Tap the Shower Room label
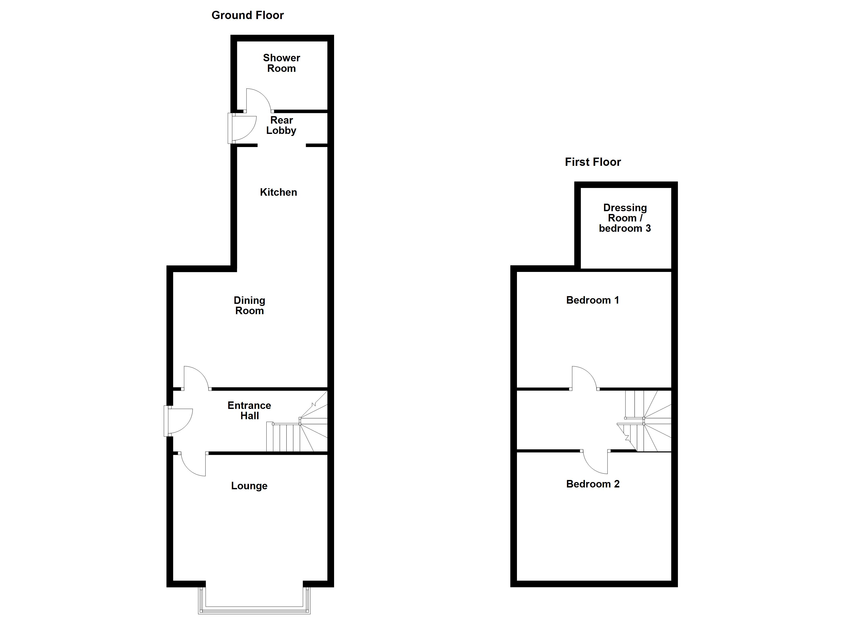[x=282, y=63]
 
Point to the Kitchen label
[x=278, y=192]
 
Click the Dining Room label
[x=250, y=305]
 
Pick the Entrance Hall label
[x=250, y=410]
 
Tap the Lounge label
[x=249, y=486]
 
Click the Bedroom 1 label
[x=592, y=300]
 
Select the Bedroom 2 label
[x=592, y=484]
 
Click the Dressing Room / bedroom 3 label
[x=625, y=218]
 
